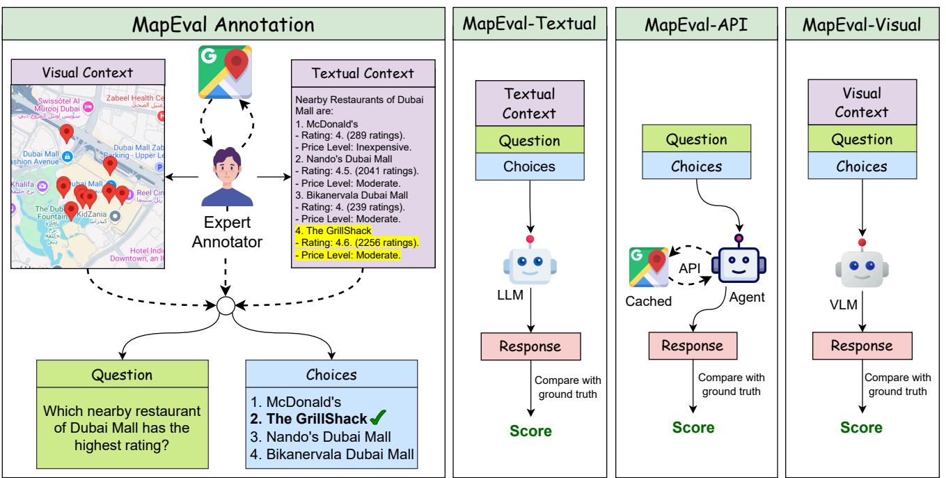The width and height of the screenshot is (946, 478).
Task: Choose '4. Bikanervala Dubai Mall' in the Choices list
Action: (332, 455)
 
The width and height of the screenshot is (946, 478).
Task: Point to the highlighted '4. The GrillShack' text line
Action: (334, 230)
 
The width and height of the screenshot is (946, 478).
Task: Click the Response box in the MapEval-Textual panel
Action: (531, 346)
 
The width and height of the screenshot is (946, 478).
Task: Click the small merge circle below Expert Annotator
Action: (225, 306)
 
